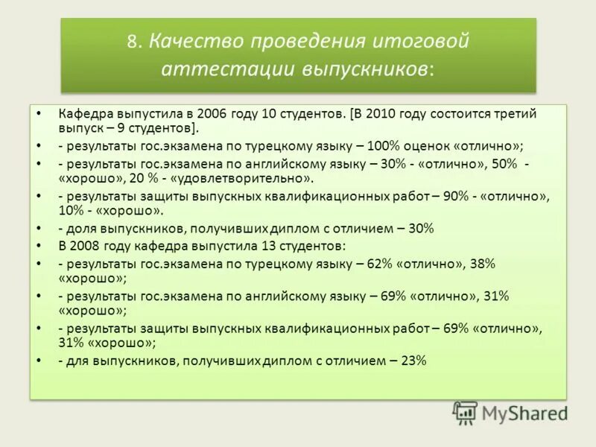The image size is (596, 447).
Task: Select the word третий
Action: click(x=516, y=115)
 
